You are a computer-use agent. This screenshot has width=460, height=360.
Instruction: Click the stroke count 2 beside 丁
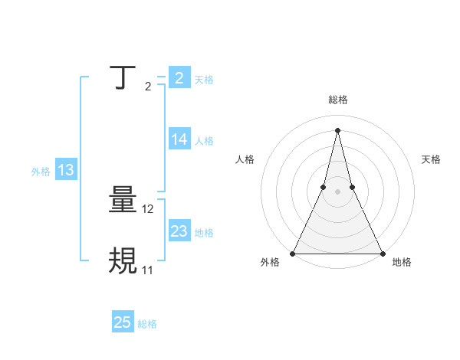click(148, 87)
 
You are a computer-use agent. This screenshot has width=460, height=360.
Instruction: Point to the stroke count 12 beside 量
click(149, 209)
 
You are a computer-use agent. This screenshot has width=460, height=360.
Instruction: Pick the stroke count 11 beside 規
click(148, 270)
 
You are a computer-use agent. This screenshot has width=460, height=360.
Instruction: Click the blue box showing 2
click(179, 78)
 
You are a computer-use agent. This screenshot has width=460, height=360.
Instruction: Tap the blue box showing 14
click(179, 139)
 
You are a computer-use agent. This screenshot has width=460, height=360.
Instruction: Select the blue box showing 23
click(179, 231)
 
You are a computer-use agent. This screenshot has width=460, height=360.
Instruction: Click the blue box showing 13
click(66, 171)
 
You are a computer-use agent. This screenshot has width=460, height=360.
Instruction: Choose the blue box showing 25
click(123, 322)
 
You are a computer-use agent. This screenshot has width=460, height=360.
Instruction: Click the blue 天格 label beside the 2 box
click(204, 80)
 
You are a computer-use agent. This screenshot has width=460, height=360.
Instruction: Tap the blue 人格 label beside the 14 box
click(204, 141)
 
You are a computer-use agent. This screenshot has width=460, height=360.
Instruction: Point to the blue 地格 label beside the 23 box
click(204, 233)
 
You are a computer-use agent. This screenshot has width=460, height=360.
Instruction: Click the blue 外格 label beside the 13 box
click(41, 172)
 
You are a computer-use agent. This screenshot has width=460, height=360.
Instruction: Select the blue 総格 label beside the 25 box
click(147, 324)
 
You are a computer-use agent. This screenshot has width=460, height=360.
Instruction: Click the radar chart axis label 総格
click(338, 100)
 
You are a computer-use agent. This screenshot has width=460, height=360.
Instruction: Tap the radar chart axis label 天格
click(432, 159)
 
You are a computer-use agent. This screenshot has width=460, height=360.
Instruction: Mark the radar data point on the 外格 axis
click(294, 253)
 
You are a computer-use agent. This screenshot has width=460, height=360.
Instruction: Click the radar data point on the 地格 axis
click(382, 253)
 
